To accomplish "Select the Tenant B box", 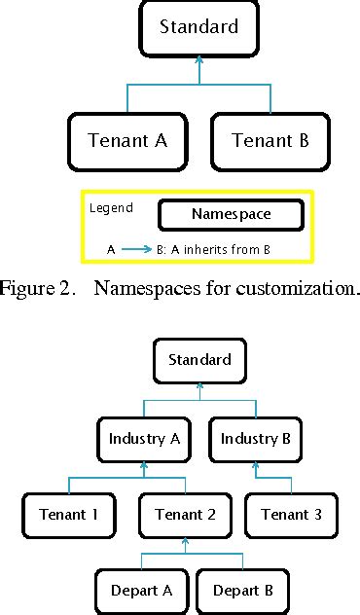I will click(270, 140).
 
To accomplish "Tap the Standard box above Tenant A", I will click(198, 28).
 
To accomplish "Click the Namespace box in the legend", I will click(231, 214).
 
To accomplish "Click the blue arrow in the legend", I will click(136, 249).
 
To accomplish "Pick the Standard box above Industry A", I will click(199, 360).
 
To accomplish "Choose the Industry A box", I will click(145, 439).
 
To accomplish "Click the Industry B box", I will click(255, 439).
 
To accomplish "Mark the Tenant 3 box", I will click(291, 514).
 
